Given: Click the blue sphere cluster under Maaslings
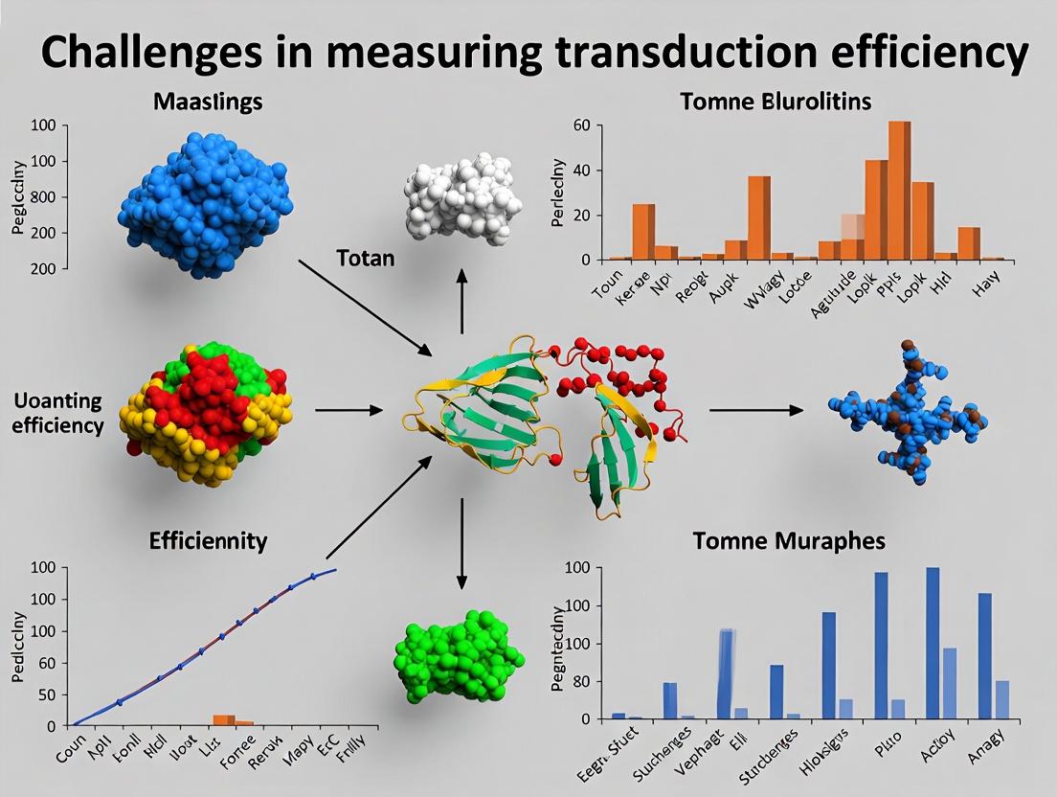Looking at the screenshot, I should click(205, 205).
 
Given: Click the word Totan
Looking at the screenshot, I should click(365, 259).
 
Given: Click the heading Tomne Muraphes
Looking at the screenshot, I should click(788, 541).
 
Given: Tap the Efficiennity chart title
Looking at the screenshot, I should click(208, 541).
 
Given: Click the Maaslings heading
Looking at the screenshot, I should click(208, 101).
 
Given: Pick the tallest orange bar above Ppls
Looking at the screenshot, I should click(899, 190).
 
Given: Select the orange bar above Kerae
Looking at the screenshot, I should click(643, 232).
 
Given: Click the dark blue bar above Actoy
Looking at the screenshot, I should click(933, 643).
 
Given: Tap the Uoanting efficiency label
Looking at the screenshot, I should click(58, 414).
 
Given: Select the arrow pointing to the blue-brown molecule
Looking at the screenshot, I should click(755, 410).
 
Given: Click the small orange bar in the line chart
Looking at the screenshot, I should click(223, 720).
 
